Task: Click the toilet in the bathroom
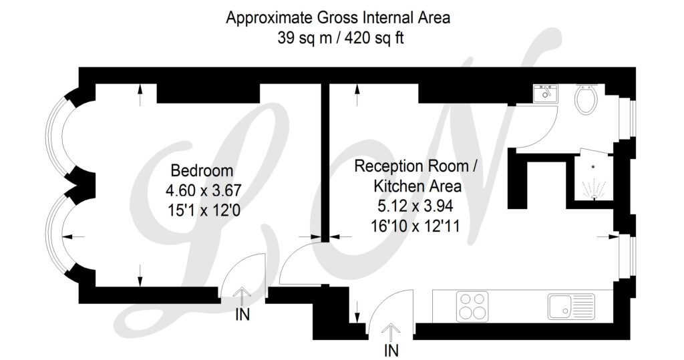[585, 99]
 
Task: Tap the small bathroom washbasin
[545, 94]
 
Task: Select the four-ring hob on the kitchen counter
[472, 307]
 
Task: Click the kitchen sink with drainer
[572, 306]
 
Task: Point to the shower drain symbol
[593, 166]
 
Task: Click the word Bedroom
[202, 170]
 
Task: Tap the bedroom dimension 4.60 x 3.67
[203, 191]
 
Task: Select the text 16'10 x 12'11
[415, 226]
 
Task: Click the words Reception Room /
[416, 166]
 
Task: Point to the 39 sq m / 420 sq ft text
[341, 38]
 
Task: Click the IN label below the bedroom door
[242, 314]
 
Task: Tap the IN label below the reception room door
[391, 350]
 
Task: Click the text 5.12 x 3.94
[415, 206]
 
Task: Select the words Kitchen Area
[417, 186]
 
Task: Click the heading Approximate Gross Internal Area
[338, 18]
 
